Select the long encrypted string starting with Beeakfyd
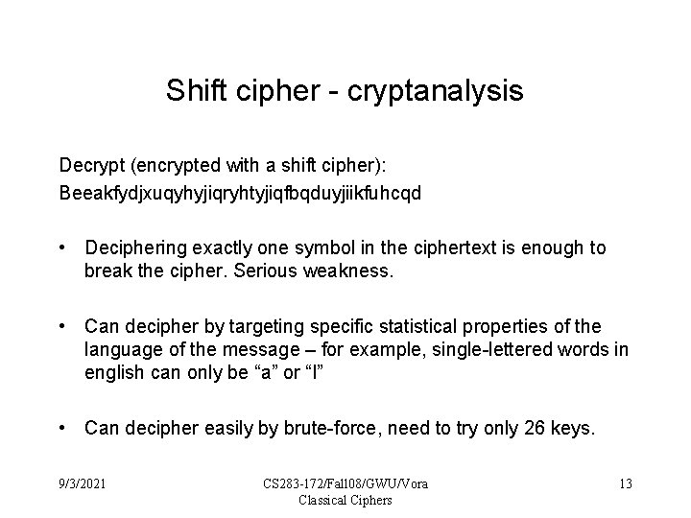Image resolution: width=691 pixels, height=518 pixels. click(x=240, y=192)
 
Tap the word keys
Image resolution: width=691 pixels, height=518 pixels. click(x=575, y=428)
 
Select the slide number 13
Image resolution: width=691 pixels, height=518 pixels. click(x=625, y=483)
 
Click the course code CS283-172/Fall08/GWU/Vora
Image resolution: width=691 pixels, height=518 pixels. click(x=346, y=483)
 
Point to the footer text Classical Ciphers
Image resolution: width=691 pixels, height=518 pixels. click(x=346, y=499)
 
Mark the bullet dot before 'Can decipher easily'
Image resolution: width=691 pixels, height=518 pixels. click(x=62, y=428)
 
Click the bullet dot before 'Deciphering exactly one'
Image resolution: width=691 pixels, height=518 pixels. click(x=62, y=248)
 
